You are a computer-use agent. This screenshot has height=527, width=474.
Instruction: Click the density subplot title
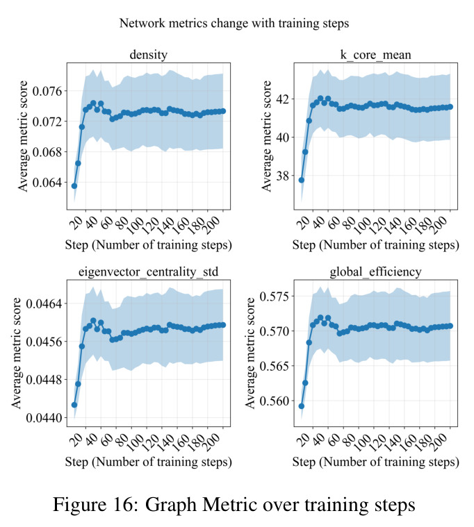(x=148, y=55)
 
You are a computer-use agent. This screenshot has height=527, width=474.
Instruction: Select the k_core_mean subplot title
(x=375, y=55)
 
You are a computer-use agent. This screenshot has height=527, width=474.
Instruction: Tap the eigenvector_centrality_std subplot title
(x=148, y=271)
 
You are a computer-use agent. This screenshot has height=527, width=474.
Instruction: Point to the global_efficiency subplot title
(x=375, y=271)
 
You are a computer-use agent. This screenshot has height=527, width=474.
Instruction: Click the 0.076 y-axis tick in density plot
(x=47, y=91)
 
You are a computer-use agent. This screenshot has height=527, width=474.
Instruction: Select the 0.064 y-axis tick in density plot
(x=47, y=183)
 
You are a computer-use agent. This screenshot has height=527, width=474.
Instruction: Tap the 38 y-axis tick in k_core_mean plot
(x=282, y=176)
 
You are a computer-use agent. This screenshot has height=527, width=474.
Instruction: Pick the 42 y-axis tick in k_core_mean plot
(x=282, y=99)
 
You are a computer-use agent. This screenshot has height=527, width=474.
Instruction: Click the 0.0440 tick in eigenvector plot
(x=44, y=418)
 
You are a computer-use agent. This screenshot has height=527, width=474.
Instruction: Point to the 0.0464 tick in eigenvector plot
(x=44, y=304)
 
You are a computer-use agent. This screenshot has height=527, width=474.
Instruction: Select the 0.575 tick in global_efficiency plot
(x=275, y=296)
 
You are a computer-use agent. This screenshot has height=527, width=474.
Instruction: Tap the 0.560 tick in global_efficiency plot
(x=275, y=401)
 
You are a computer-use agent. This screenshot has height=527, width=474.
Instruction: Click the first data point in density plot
(x=74, y=186)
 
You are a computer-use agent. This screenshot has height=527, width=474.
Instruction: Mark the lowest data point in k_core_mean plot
(x=302, y=180)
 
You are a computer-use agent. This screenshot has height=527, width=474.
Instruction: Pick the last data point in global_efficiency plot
(x=450, y=326)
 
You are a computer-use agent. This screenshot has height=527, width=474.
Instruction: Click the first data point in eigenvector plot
(x=74, y=405)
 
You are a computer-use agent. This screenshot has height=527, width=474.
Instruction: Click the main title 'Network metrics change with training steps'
(x=234, y=24)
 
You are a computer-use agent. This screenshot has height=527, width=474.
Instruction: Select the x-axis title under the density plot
(x=148, y=245)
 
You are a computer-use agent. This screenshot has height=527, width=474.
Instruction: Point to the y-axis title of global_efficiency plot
(x=250, y=353)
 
